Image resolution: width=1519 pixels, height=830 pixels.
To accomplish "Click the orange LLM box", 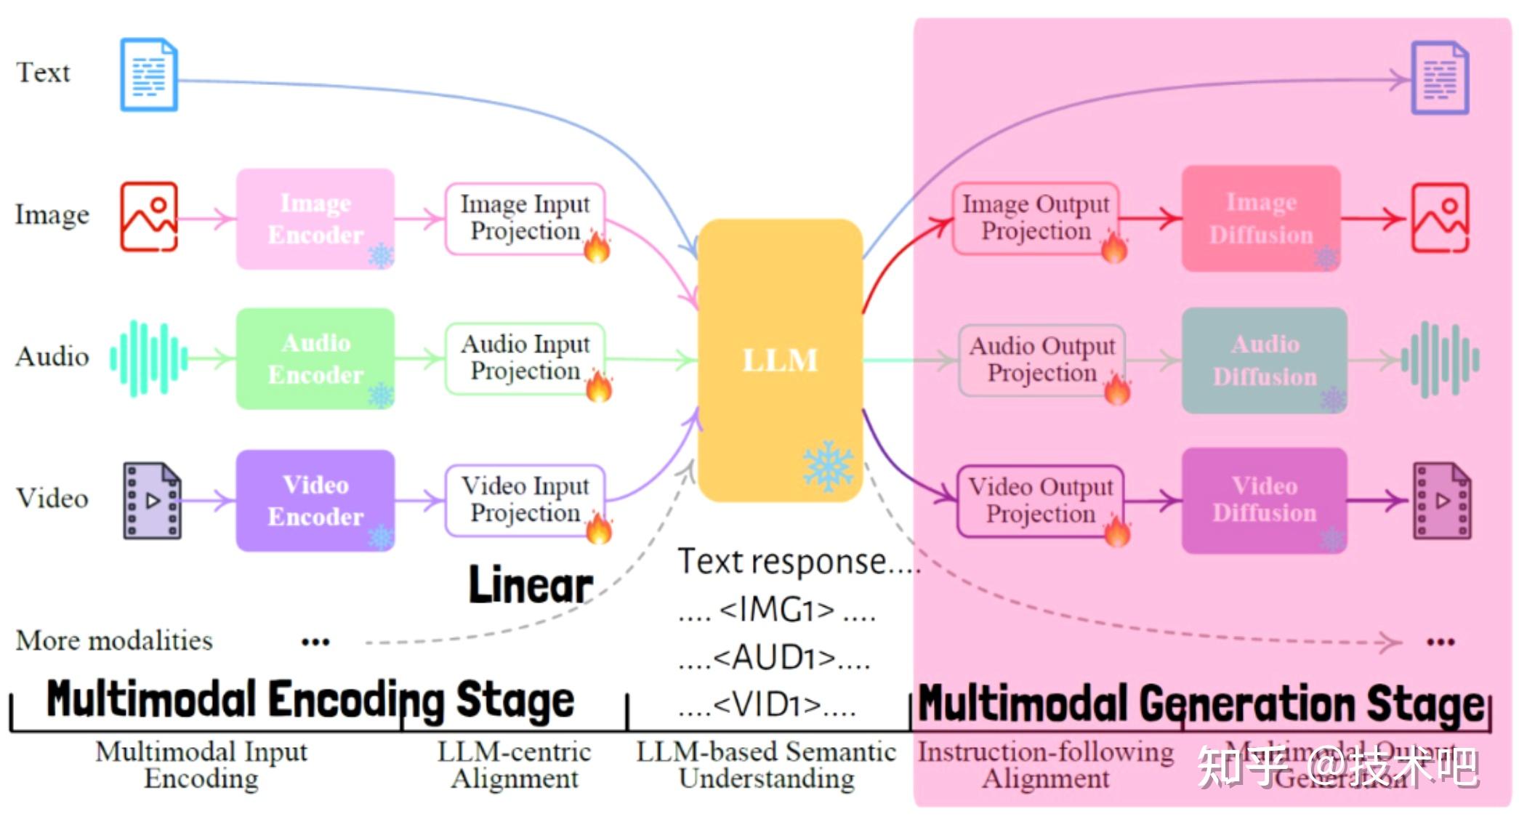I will coord(780,360).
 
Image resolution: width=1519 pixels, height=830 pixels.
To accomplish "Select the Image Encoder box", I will coord(315,219).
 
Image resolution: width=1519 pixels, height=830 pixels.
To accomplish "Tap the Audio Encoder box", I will coord(315,358).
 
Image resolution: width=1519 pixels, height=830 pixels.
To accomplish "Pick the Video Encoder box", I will coord(315,500).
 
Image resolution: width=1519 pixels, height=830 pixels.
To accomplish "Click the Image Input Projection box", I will coord(525,218).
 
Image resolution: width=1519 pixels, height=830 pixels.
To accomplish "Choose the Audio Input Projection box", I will coord(525,358).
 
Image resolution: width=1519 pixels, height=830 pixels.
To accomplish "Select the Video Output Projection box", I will coord(1040,500).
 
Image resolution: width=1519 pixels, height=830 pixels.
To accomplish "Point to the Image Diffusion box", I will coord(1261,218).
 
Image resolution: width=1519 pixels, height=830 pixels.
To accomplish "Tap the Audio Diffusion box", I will coord(1264,360).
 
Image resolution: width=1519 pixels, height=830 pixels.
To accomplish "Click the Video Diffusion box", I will coord(1264,500).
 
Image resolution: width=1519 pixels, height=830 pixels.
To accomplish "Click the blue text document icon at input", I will coord(149,75).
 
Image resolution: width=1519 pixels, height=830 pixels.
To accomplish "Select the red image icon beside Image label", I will coord(149,217).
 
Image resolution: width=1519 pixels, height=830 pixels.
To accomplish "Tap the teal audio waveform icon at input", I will coord(149,358).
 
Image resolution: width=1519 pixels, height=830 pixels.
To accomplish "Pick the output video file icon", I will coord(1442,501).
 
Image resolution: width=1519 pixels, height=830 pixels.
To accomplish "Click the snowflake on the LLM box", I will coord(828,465).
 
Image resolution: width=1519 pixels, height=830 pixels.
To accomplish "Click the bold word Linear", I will coord(531,585).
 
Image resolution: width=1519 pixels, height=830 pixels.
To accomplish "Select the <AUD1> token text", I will coord(774,658).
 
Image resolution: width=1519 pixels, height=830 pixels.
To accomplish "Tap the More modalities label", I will coord(114,640).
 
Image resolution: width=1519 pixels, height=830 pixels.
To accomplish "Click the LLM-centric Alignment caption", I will coord(515,765).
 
